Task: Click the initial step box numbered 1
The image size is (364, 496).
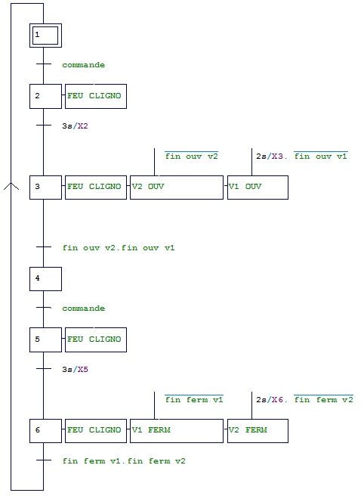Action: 45,36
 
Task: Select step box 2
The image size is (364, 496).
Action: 45,96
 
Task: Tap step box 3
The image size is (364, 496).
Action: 45,188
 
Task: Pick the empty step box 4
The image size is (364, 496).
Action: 45,279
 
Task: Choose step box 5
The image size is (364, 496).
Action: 45,339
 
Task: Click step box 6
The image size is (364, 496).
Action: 45,431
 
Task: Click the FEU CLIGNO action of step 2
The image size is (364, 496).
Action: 96,96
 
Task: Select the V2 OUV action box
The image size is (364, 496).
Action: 176,188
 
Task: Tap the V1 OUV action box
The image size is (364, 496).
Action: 258,188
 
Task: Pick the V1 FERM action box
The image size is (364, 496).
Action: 176,431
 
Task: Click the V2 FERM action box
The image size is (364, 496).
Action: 258,431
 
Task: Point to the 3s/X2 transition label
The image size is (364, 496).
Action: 75,126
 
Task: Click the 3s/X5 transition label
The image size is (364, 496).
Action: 75,370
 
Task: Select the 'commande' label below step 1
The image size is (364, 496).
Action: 83,65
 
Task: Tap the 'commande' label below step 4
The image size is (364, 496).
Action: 83,308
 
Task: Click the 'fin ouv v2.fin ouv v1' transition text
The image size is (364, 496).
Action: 119,248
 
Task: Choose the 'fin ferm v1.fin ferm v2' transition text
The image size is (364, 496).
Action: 124,461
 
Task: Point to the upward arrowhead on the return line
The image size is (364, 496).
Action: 11,186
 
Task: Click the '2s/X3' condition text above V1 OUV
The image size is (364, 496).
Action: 270,157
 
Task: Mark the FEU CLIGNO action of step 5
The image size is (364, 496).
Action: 96,339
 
